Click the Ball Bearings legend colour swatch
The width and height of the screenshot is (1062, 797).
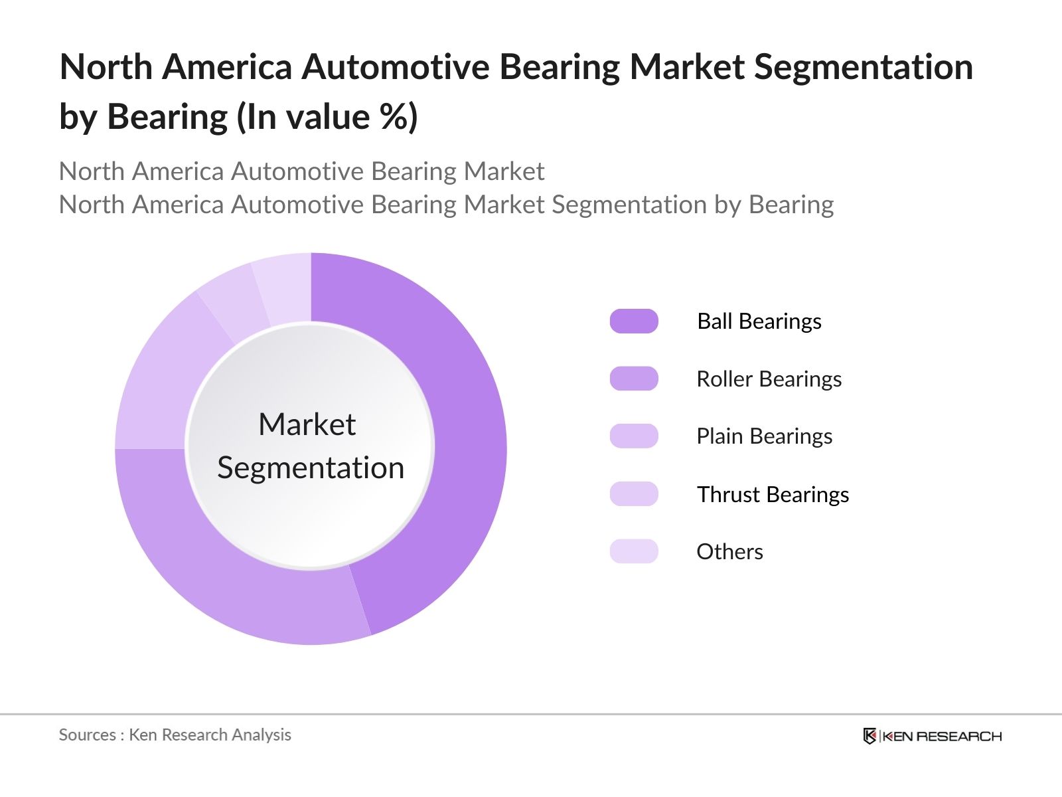(634, 321)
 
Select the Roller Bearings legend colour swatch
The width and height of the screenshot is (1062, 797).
(634, 379)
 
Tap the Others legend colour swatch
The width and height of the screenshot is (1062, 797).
(634, 551)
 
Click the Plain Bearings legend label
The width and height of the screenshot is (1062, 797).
(764, 436)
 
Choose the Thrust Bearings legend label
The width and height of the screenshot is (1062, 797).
(773, 494)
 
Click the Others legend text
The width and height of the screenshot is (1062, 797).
(729, 551)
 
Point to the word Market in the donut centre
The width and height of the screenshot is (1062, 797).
(307, 424)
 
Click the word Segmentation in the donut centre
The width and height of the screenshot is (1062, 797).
(311, 468)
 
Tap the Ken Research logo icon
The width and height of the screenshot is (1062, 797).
(870, 736)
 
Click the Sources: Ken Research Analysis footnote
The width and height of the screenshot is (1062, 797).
(175, 735)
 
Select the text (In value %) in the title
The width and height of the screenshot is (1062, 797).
(327, 117)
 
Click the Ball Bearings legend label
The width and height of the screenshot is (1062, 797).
(759, 321)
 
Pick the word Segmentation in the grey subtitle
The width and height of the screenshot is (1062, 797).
(629, 205)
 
